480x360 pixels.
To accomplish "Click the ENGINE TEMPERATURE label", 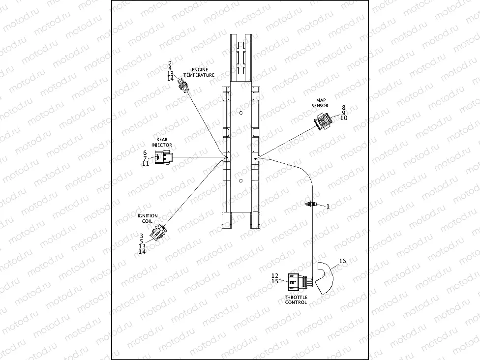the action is tap(199, 72).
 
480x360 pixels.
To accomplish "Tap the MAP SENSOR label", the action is tap(320, 103).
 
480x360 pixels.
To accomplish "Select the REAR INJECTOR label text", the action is tap(162, 142).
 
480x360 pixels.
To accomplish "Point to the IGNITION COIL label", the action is tap(148, 218).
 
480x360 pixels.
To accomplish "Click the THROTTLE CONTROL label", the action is tap(296, 300).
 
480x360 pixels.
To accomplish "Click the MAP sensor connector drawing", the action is tap(323, 121).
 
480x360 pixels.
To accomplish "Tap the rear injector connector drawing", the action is tap(163, 157).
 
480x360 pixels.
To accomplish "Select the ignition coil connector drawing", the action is tap(158, 231).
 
